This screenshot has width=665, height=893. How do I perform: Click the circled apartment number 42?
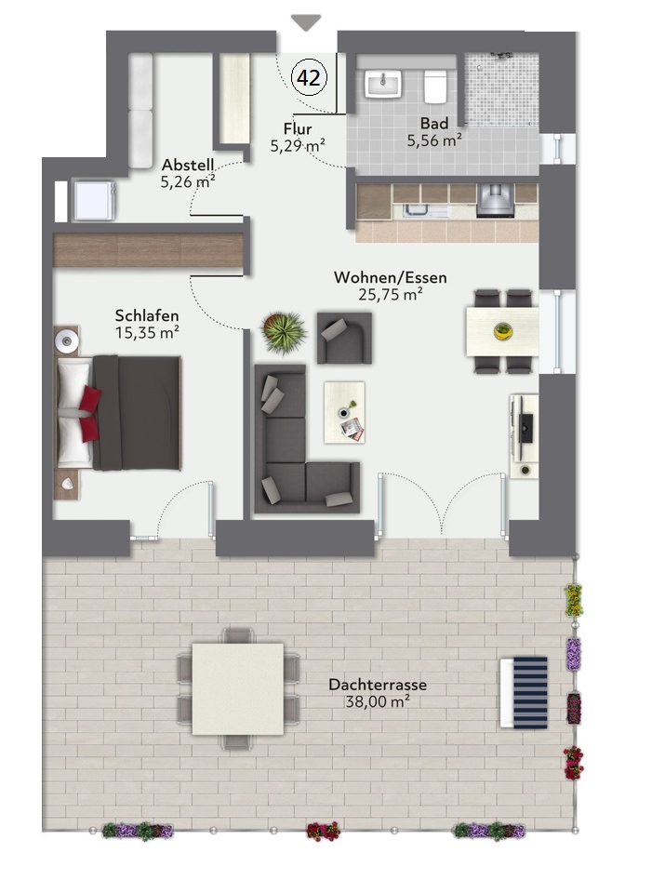coord(309,78)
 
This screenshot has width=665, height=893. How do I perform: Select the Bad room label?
coord(433,123)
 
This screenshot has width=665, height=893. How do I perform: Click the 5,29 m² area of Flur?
coord(298,146)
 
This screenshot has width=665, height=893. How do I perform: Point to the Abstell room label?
coord(188,165)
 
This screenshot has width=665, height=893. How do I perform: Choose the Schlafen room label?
coord(147,315)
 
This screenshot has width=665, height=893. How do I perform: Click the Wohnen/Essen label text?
coord(391,277)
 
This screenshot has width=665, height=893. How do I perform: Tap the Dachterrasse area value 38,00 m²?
coord(378,701)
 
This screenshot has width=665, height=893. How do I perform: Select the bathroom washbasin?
coord(382,84)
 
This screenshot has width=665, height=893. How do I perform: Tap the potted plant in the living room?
coord(284,331)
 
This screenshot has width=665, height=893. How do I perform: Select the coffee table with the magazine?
coord(344,411)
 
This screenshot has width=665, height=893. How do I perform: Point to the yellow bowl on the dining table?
coord(502,330)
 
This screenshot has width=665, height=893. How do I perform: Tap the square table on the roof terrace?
coord(237,688)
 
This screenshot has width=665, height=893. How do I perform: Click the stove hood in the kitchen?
coord(495,197)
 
